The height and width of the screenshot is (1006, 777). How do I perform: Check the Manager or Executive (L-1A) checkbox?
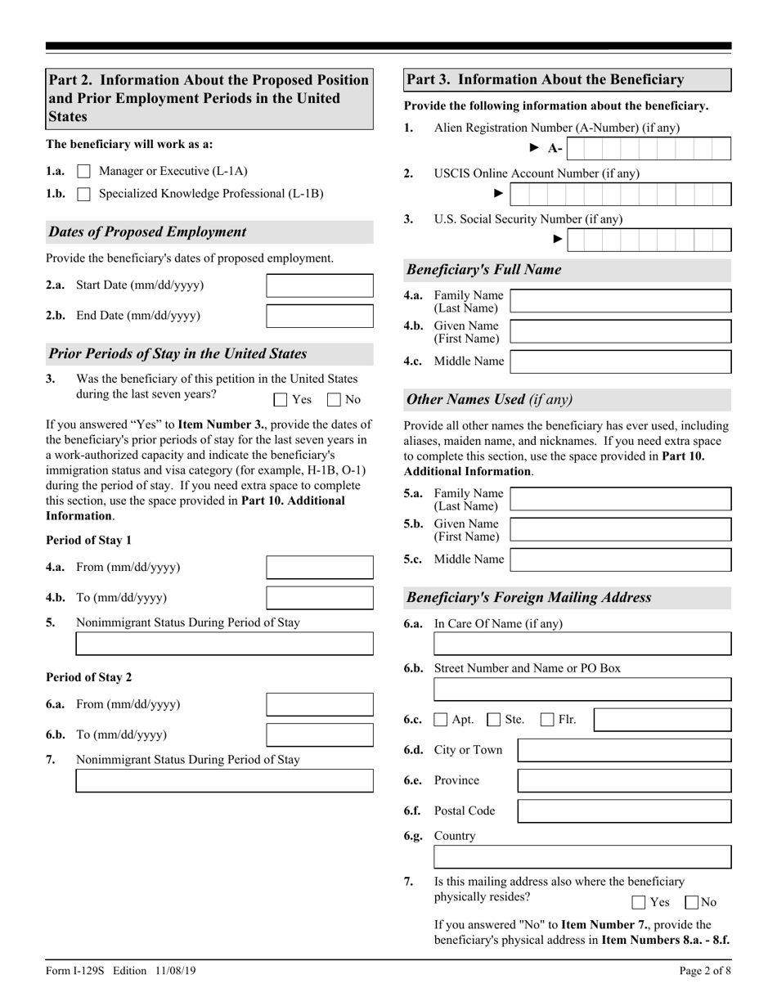83,172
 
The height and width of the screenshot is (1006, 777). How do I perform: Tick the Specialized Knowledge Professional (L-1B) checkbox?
83,195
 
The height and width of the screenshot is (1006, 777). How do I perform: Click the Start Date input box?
320,285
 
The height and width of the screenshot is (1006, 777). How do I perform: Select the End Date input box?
320,316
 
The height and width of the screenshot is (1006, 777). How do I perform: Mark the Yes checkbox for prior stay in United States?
281,400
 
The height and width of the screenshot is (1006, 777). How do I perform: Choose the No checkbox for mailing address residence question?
691,903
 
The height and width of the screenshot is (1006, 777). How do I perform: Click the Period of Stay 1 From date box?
320,568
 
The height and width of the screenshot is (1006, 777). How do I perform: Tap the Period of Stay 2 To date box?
320,734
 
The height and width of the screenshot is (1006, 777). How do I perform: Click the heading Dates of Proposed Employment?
147,232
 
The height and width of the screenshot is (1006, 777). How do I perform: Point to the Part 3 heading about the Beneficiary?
546,80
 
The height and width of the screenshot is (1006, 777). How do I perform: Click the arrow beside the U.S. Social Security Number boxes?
558,240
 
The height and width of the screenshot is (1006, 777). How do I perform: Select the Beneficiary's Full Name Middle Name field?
620,362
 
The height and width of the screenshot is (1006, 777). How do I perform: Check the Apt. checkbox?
441,721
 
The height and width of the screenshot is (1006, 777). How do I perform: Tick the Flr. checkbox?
547,721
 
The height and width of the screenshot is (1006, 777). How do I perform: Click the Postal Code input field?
625,811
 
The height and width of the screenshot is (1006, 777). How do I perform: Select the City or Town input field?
625,751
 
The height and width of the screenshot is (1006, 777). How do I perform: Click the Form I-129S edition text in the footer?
120,972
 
